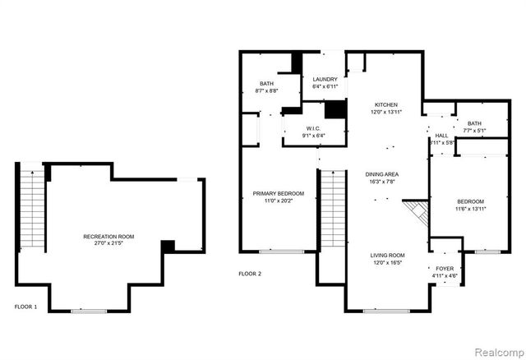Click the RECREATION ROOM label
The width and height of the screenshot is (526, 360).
(108, 237)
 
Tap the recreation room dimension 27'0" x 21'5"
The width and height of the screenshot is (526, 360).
(108, 244)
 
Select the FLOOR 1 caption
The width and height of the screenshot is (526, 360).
(26, 307)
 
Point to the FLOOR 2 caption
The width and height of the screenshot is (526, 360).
(250, 273)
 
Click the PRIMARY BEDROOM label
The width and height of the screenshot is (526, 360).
(278, 193)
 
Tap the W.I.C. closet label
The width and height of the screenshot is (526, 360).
(313, 128)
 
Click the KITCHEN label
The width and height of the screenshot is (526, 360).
(386, 105)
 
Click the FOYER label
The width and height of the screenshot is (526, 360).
(444, 269)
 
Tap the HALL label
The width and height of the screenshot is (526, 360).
(441, 136)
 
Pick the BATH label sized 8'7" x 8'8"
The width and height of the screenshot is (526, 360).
(267, 83)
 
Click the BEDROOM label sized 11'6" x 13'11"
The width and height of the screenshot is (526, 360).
(471, 201)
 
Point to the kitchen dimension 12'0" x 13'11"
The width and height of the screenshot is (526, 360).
(386, 113)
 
